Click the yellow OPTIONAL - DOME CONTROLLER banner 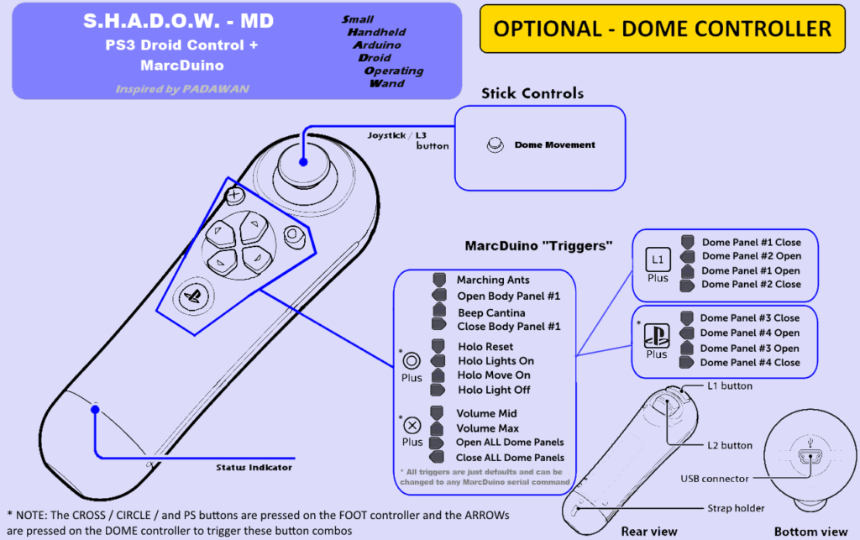pos(663,29)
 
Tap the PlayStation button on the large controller pos(194,296)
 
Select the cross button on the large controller pos(235,195)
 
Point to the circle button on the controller pos(294,236)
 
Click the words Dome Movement pos(554,144)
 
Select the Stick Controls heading pos(532,93)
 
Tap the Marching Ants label pos(493,280)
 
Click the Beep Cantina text pos(491,312)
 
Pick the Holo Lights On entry pos(496,361)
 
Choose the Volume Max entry pos(487,428)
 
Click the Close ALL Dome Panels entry pos(510,457)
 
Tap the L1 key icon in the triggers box pos(658,260)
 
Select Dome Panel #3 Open pos(749,349)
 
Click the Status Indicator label pos(254,467)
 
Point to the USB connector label pos(714,479)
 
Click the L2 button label pos(730,445)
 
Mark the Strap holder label pos(736,508)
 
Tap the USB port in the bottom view pos(810,455)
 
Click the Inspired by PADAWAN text pos(182,89)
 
